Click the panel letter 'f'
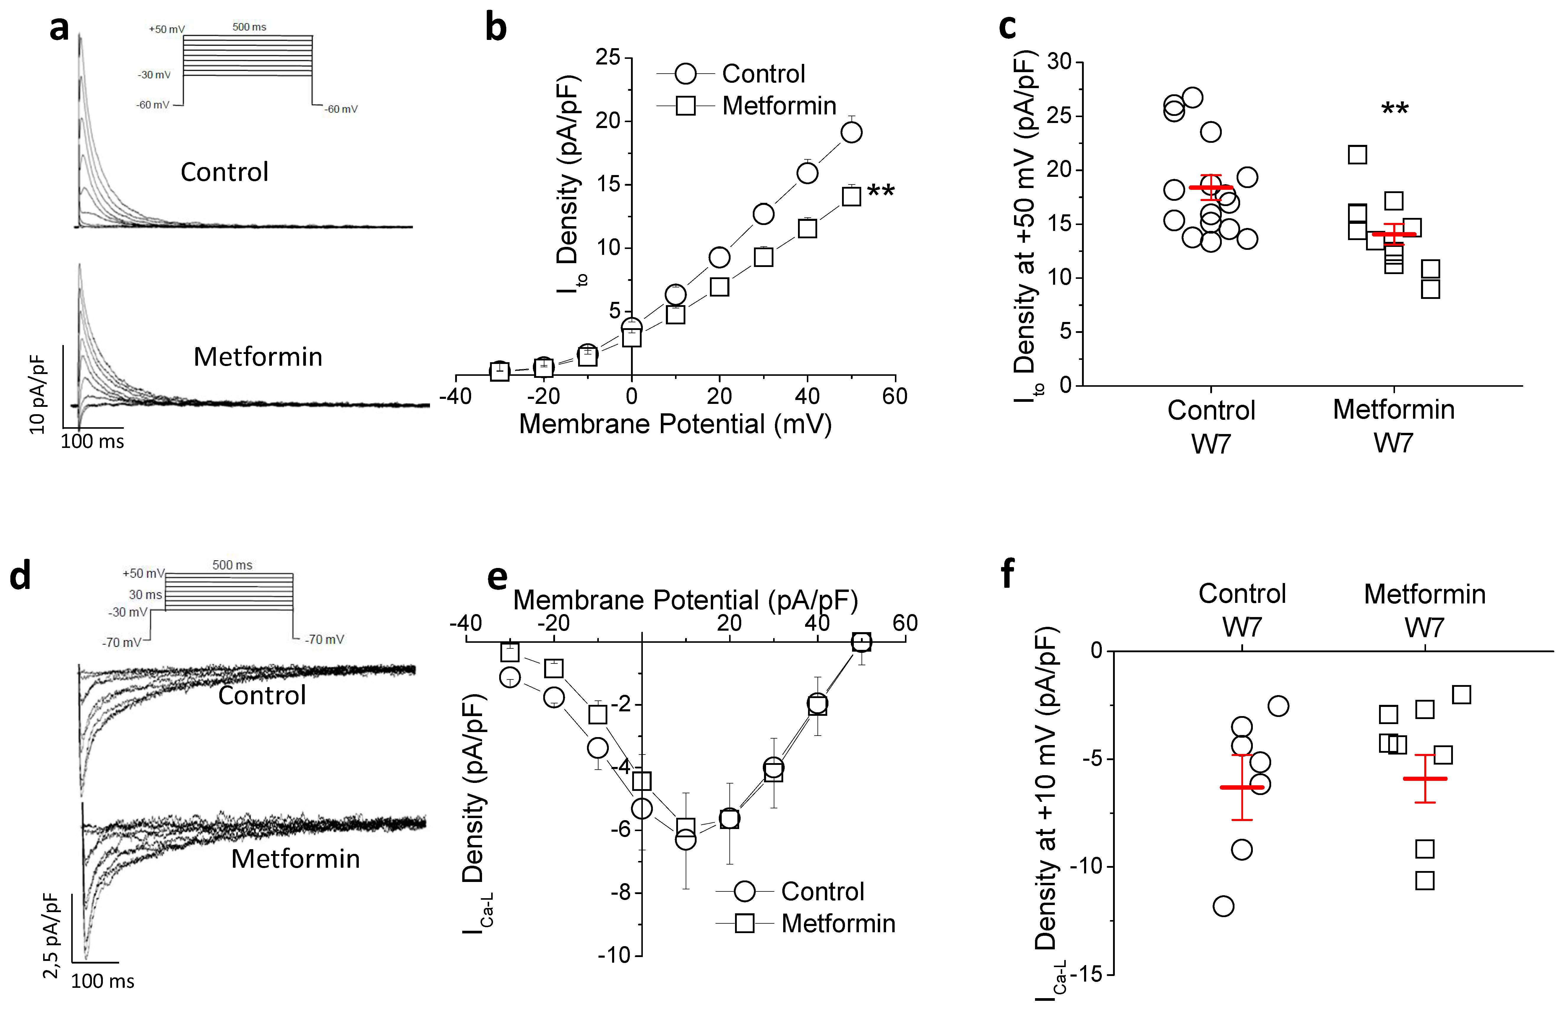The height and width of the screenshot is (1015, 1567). [1007, 573]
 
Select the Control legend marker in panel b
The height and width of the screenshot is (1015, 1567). [685, 74]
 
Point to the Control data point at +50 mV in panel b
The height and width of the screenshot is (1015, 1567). [851, 132]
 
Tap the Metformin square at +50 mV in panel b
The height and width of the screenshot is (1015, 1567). [851, 196]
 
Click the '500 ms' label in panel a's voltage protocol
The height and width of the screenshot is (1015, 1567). [249, 27]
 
